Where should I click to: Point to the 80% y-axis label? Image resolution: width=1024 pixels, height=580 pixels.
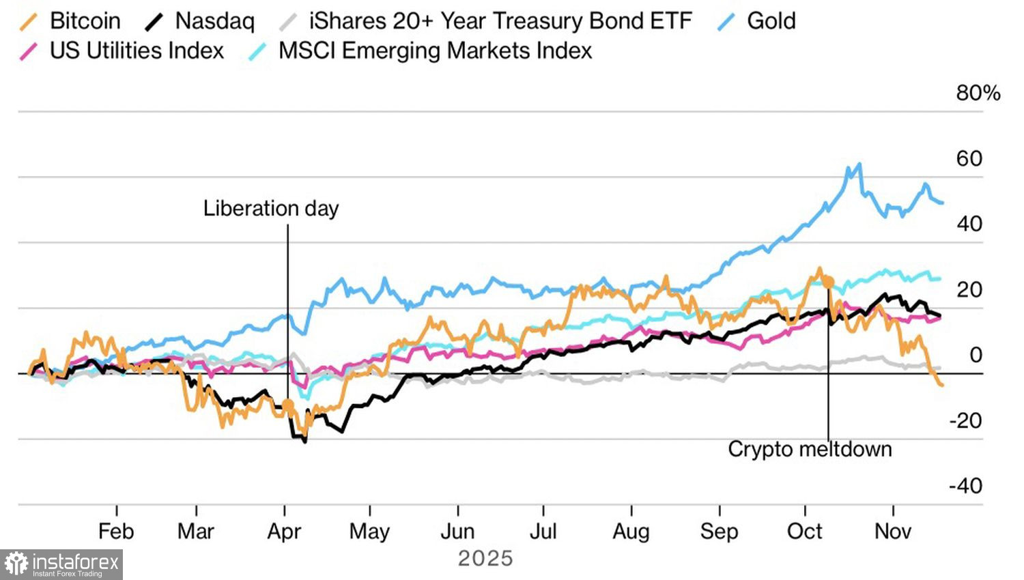tap(978, 93)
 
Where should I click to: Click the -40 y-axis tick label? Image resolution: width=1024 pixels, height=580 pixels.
tap(965, 486)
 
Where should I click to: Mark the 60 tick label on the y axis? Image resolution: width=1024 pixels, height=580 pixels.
tap(969, 158)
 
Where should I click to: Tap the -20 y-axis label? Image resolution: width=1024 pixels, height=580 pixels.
tap(965, 420)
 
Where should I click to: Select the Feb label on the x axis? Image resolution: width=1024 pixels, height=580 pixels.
tap(116, 531)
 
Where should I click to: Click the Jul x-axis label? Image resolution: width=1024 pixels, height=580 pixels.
tap(543, 531)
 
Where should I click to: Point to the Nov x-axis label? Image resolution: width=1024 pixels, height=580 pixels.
tap(893, 531)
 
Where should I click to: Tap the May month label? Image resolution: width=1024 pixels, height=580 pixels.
tap(369, 531)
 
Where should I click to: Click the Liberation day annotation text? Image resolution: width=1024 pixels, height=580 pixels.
tap(271, 208)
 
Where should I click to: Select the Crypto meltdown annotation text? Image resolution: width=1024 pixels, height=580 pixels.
tap(810, 449)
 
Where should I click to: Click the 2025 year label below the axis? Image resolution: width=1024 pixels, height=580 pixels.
tap(485, 558)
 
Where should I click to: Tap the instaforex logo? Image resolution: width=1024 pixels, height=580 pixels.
tap(61, 564)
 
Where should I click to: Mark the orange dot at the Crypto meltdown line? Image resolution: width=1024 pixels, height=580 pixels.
tap(828, 280)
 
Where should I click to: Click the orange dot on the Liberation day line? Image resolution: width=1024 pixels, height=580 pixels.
tap(288, 406)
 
